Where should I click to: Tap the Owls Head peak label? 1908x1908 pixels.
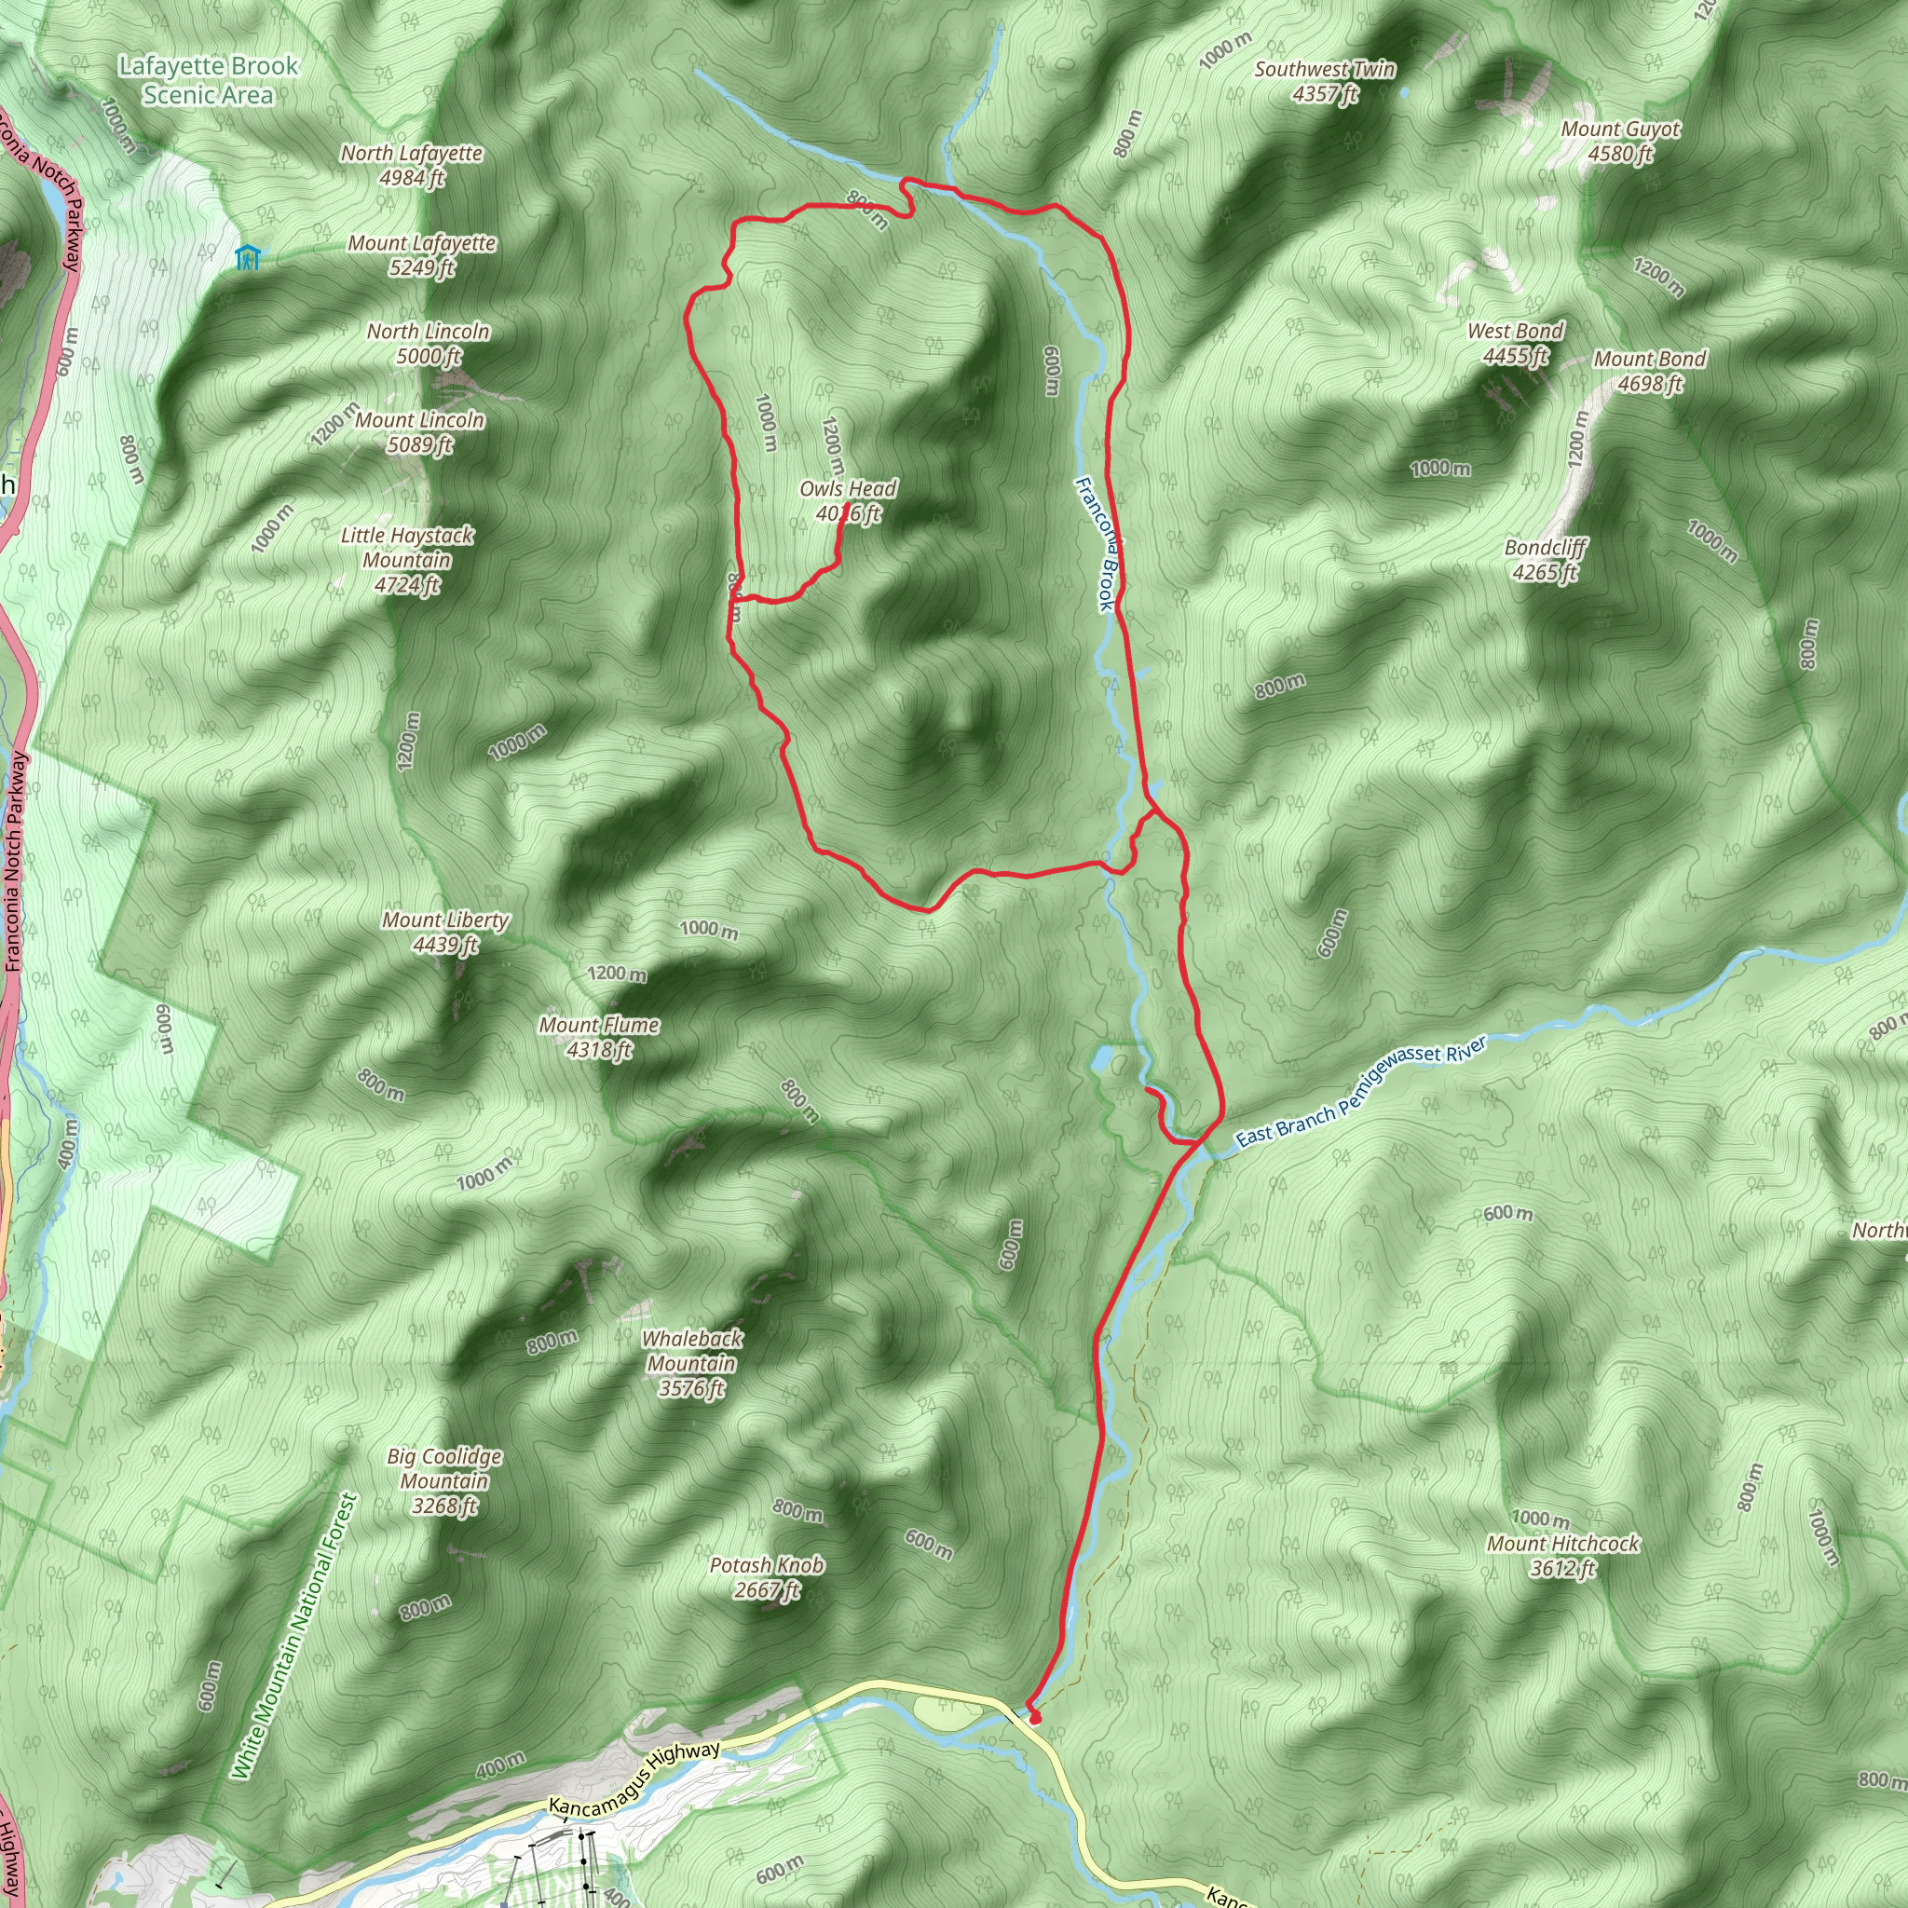848,500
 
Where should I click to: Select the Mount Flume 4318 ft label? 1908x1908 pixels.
598,1037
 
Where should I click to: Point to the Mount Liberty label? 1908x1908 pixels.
445,933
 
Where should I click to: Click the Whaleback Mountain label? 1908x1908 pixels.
691,1363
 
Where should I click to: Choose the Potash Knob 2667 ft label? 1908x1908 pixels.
767,1577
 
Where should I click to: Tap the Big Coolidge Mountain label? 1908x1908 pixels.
444,1480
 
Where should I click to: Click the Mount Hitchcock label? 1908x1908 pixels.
1563,1556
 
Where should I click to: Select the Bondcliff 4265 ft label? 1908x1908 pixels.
1546,560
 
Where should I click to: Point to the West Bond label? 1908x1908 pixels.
1515,343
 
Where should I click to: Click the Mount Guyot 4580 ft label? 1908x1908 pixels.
1621,142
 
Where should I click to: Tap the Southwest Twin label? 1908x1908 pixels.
1326,81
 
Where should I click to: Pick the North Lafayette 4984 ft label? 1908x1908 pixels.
412,165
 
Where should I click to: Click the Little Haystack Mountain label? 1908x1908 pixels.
407,560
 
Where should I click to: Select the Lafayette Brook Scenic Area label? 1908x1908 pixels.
209,80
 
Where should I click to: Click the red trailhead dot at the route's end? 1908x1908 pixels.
1035,1718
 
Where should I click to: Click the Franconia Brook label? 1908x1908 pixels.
1096,544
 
